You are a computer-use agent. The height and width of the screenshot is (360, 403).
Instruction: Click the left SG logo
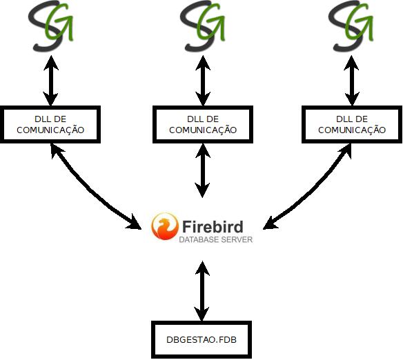point(50,26)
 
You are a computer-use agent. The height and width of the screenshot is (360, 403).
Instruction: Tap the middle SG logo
point(202,26)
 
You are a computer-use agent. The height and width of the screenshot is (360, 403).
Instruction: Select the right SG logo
point(351,26)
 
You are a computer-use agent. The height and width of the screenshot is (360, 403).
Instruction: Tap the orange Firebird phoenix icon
point(165,226)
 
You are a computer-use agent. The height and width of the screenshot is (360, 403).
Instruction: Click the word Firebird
point(213,226)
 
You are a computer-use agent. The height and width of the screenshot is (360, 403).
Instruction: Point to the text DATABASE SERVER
point(215,239)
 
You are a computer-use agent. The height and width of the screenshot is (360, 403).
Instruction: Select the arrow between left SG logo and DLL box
point(50,81)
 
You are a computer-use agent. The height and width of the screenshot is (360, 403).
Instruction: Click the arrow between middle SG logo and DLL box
point(203,81)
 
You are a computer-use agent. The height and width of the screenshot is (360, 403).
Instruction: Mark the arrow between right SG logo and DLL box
point(352,81)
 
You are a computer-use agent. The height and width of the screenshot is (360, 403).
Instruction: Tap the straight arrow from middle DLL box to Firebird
point(202,170)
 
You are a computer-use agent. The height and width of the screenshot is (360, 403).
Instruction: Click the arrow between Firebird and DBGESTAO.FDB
point(202,291)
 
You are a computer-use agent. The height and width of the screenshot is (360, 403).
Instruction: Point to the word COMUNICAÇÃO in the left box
point(50,130)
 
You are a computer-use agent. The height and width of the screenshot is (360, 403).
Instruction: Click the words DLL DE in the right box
point(352,119)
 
